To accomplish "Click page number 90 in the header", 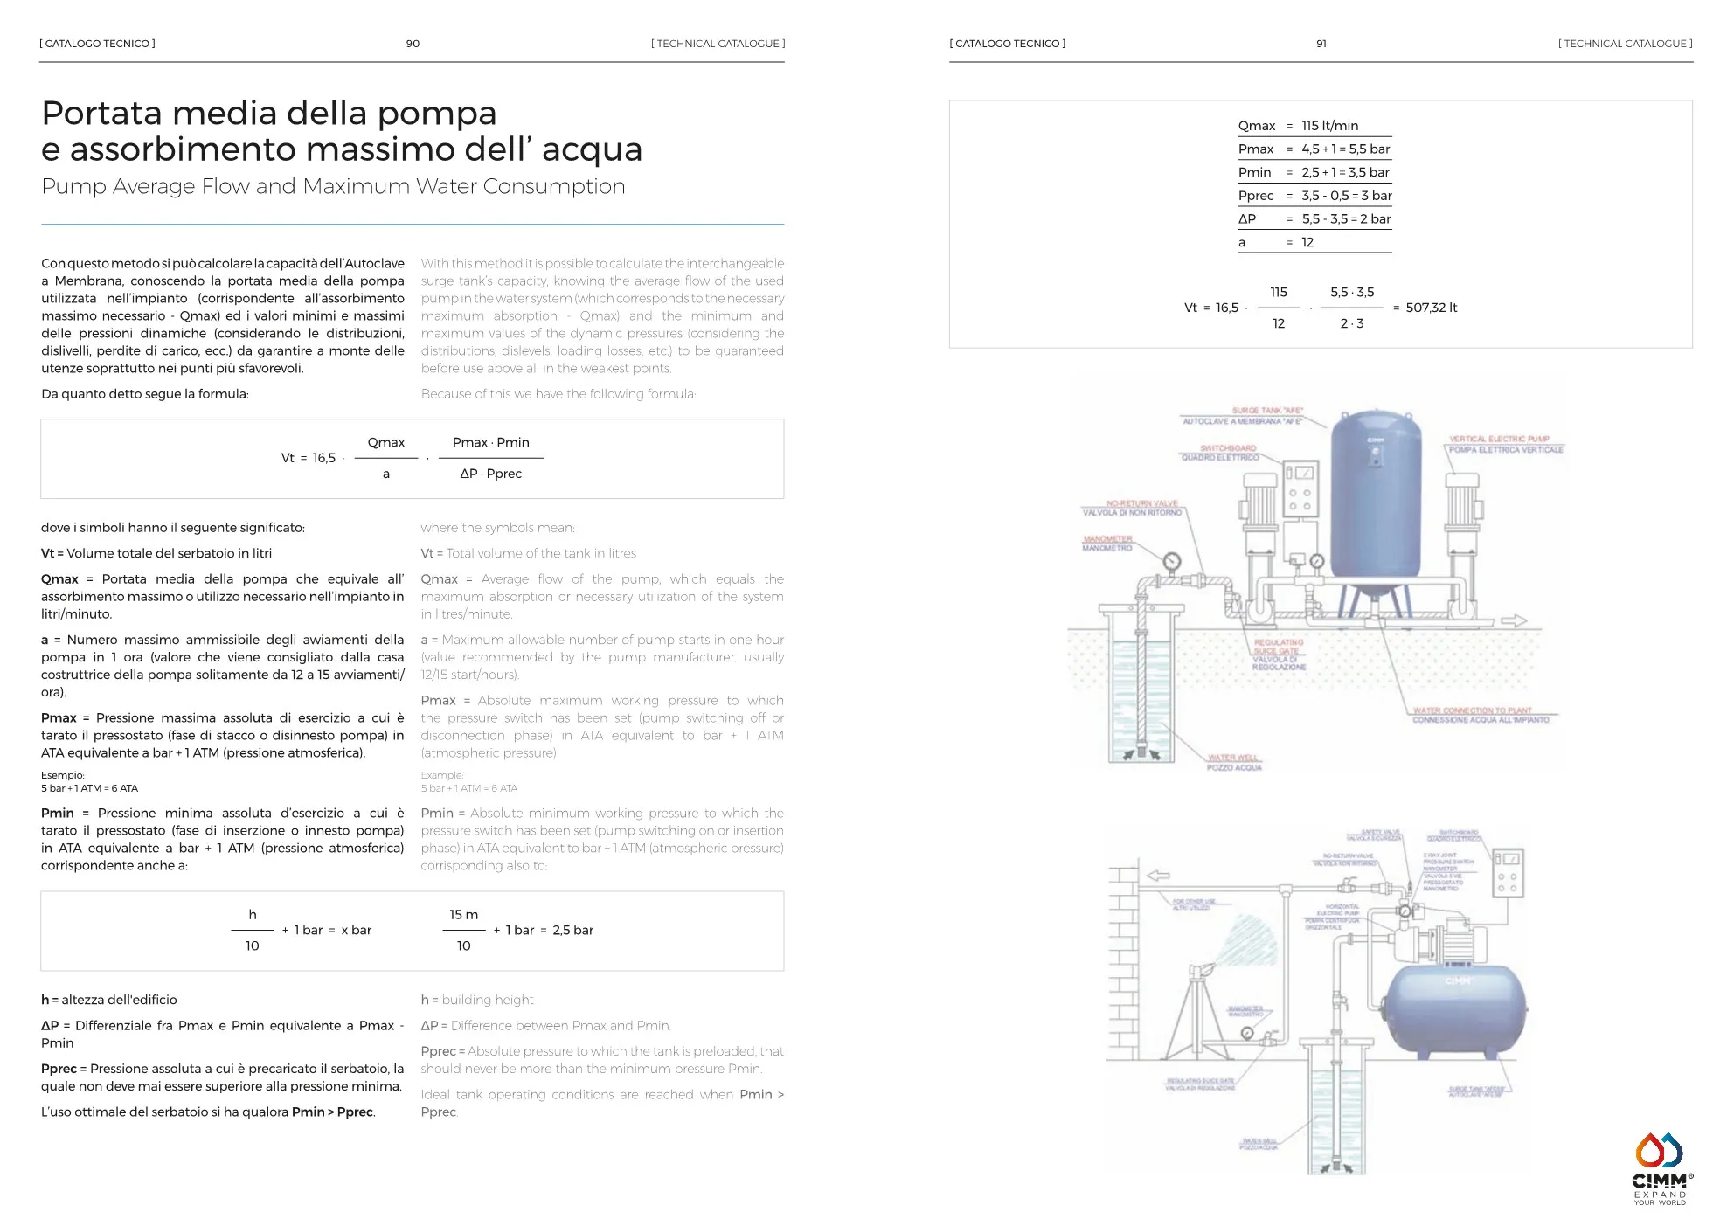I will click(413, 44).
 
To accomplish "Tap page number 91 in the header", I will click(1321, 44).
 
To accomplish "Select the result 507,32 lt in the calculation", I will click(1432, 308).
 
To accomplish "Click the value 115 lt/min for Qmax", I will click(1329, 126).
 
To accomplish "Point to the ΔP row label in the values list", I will click(1247, 219).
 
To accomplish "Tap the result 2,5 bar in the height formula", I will click(572, 930).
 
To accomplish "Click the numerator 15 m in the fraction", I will click(463, 915).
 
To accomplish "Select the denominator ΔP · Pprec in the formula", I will click(490, 474).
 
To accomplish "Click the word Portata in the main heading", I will click(102, 114).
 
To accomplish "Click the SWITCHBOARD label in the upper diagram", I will click(1228, 448).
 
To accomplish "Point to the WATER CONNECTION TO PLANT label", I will click(1473, 710).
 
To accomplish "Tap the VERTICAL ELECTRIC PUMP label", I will click(1499, 440).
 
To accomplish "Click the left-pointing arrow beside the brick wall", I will click(1159, 875).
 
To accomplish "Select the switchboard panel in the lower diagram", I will click(1508, 872).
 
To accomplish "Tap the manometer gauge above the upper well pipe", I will click(1172, 561).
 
